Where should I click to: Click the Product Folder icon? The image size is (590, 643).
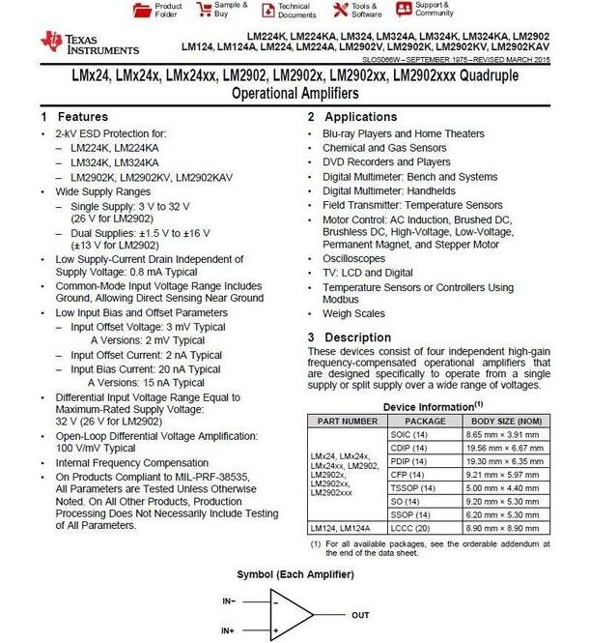click(138, 10)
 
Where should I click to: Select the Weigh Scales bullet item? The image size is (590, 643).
click(353, 314)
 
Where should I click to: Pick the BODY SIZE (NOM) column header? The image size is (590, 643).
click(505, 421)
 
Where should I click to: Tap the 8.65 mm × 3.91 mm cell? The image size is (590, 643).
click(505, 434)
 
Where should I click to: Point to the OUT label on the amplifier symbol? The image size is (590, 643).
click(360, 614)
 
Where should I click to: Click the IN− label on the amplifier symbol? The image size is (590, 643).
click(229, 600)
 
